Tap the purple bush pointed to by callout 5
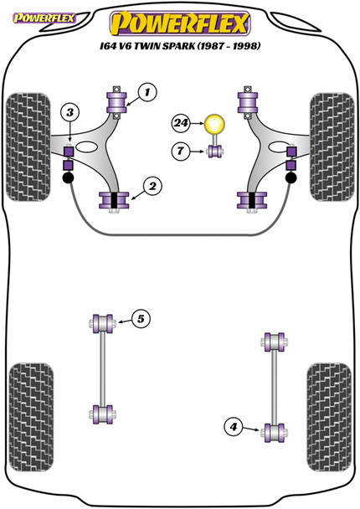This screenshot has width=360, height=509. [104, 321]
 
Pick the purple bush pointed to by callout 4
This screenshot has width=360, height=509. [271, 432]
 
